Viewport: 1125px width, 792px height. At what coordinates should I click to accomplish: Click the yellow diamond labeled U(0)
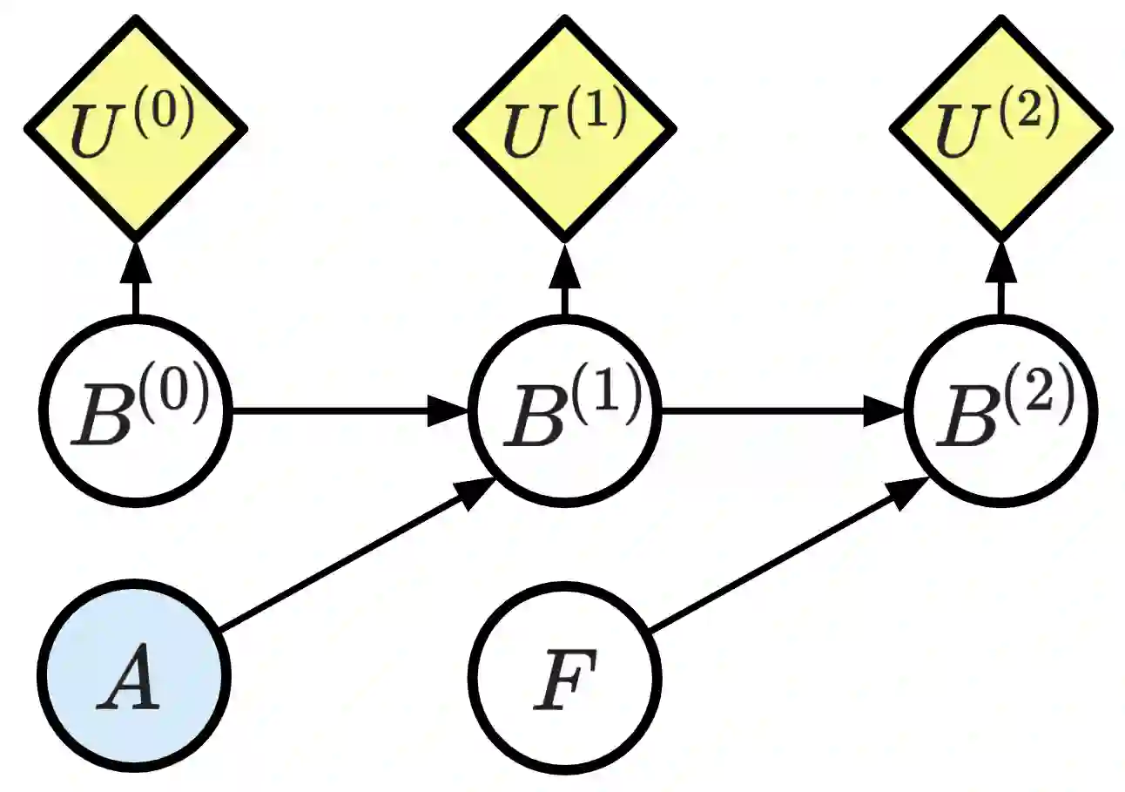click(135, 127)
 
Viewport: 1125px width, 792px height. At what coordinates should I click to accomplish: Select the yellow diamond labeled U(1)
click(564, 127)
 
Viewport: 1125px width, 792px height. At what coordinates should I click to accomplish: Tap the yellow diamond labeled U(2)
click(1000, 127)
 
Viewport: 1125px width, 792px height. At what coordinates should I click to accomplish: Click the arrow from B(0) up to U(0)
click(135, 279)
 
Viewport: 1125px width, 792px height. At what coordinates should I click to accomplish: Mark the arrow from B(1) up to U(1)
click(564, 279)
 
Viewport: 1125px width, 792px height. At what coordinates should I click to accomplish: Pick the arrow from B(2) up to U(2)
click(1000, 279)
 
